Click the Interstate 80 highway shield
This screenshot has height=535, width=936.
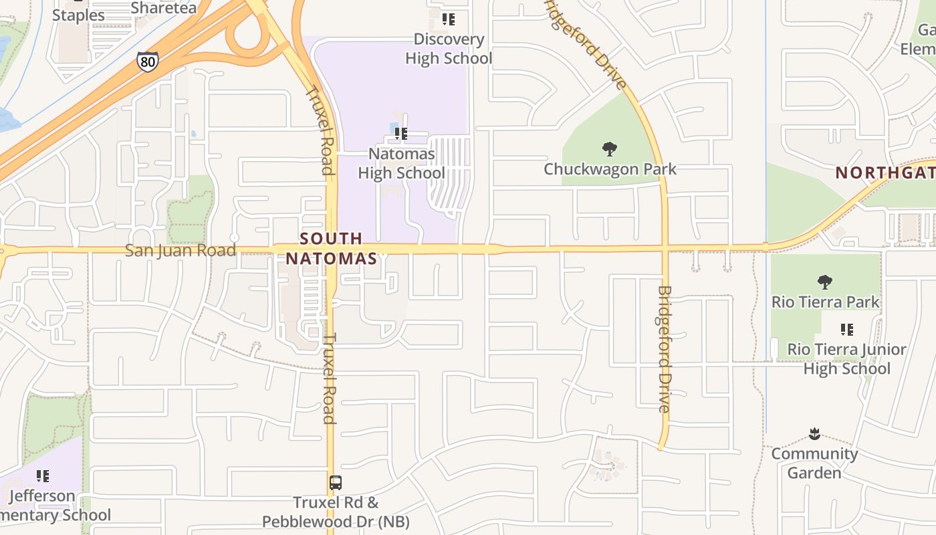148,61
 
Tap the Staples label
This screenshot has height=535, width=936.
78,15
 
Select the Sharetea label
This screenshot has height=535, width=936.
164,8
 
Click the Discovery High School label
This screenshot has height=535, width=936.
449,49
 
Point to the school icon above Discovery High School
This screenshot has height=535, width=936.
449,19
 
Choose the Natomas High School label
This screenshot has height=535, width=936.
401,163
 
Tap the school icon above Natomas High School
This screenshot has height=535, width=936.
401,134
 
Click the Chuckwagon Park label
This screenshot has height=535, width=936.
610,169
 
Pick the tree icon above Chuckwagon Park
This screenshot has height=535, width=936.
609,148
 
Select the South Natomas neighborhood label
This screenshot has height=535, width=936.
332,248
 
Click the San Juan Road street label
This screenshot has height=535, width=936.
181,251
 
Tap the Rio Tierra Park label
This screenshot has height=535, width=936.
826,302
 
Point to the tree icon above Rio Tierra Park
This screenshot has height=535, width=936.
825,282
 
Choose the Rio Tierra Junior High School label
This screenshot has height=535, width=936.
846,359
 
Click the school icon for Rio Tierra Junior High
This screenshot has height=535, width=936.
847,330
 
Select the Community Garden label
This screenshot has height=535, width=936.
814,463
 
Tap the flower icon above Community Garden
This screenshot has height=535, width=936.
814,435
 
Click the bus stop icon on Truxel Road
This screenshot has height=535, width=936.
336,482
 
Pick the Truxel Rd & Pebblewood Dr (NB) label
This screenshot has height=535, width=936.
336,512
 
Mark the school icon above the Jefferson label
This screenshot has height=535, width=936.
43,476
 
